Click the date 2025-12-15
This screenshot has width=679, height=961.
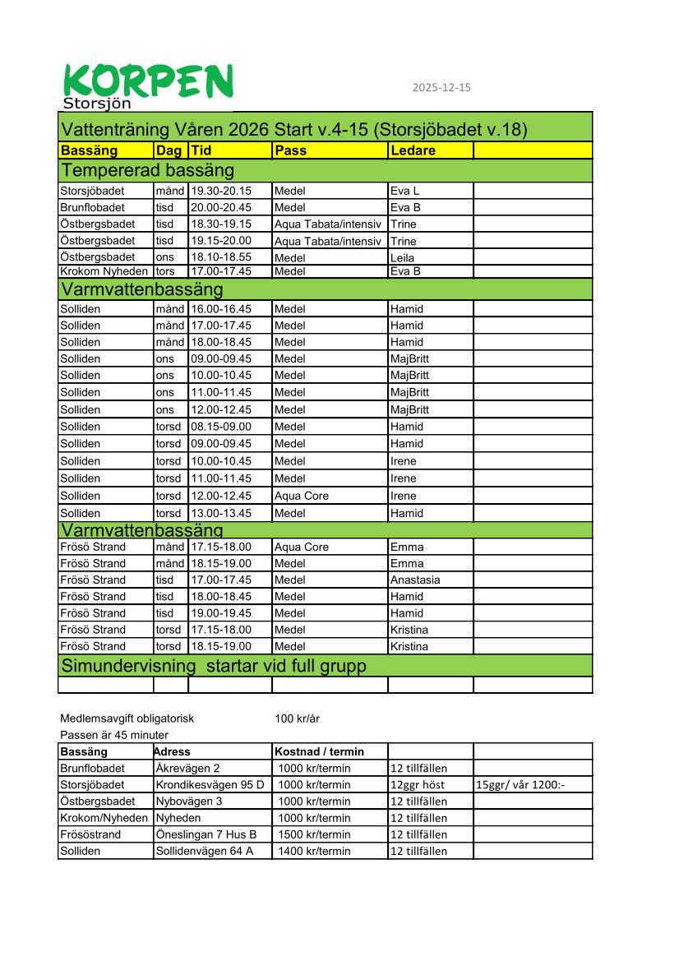click(441, 88)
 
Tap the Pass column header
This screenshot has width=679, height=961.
click(291, 150)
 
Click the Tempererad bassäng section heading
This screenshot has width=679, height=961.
click(147, 170)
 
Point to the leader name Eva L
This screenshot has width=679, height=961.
click(404, 191)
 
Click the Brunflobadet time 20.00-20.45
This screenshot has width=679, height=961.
click(221, 207)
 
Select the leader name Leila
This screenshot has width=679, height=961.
click(404, 257)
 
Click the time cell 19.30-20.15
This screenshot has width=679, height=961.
click(221, 191)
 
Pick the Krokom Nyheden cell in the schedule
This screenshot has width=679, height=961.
click(104, 270)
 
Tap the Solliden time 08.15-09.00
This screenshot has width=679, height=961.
click(221, 427)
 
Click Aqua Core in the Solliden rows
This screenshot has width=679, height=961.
click(299, 496)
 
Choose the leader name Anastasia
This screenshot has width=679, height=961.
click(415, 580)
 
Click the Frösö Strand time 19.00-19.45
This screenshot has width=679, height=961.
click(221, 612)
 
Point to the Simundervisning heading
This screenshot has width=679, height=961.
click(214, 665)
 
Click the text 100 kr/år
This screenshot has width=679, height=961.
click(297, 718)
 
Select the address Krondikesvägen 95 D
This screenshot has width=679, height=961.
click(210, 784)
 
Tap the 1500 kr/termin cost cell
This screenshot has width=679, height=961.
click(314, 834)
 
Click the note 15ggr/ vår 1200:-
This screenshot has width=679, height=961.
click(520, 784)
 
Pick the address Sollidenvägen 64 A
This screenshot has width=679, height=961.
click(203, 851)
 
